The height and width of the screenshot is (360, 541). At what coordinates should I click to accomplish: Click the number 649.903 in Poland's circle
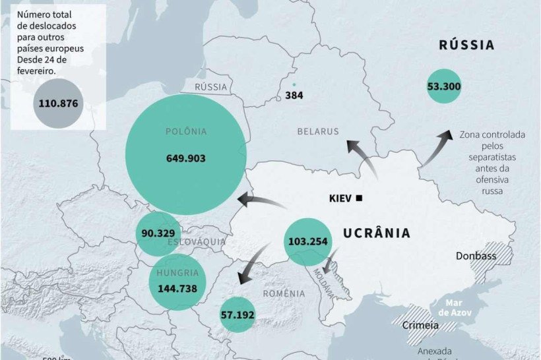[185, 158]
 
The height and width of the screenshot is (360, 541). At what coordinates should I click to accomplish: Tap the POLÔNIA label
[185, 131]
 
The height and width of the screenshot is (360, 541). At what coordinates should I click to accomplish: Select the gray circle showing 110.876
[59, 103]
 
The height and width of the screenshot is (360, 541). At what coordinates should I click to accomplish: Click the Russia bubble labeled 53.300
[444, 86]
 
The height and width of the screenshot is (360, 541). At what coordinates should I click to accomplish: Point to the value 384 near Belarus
[294, 96]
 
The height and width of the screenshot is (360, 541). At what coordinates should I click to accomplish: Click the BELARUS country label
[318, 131]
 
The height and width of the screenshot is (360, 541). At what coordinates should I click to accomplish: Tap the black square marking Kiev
[359, 198]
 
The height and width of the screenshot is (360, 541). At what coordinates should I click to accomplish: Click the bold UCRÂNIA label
[377, 233]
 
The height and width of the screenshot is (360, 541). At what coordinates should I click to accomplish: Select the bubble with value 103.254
[307, 241]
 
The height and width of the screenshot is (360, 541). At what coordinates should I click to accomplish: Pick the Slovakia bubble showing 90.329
[158, 233]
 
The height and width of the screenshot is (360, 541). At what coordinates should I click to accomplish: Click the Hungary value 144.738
[177, 287]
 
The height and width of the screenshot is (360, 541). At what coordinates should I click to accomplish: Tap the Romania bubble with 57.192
[238, 315]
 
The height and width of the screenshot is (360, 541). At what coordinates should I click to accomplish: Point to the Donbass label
[476, 256]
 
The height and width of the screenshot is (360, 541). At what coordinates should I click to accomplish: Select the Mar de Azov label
[457, 307]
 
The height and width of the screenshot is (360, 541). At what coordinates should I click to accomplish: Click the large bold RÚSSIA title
[466, 45]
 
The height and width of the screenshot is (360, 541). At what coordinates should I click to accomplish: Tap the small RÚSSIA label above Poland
[211, 87]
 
